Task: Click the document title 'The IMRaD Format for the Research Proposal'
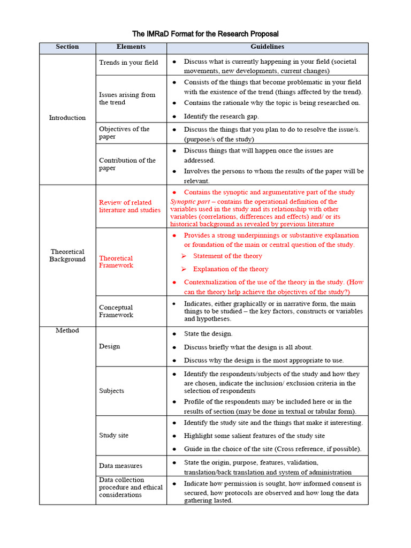coord(205,34)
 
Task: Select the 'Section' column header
coord(67,47)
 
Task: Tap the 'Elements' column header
coord(131,47)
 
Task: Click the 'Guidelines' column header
coord(267,47)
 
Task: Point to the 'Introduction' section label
coord(67,118)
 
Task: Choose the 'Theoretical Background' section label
coord(67,255)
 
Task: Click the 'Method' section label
coord(67,331)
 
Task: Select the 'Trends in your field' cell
coord(128,63)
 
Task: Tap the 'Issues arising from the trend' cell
coord(127,98)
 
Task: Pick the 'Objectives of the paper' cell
coord(125,133)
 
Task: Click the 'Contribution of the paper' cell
coord(127,164)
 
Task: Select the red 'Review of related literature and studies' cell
coord(130,206)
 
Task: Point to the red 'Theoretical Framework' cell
coord(116,262)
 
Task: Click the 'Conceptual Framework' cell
coord(116,311)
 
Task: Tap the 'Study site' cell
coord(113,435)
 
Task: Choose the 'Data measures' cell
coord(120,466)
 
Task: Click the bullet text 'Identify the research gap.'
coord(221,116)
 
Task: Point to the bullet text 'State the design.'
coord(208,334)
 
